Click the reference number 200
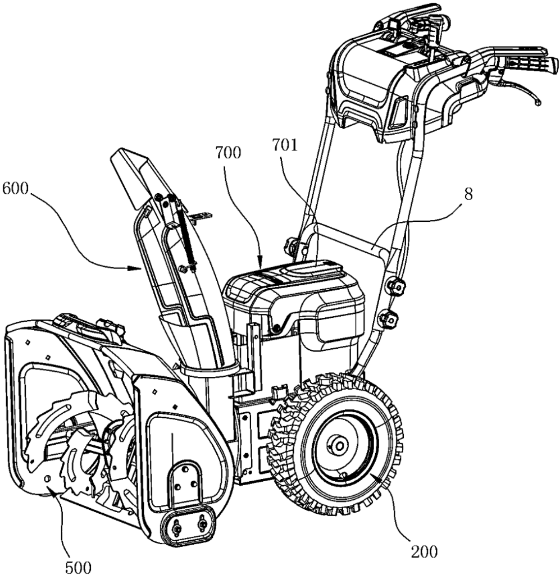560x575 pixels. pos(424,551)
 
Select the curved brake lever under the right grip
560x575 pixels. pos(522,90)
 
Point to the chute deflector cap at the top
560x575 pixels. pos(135,174)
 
